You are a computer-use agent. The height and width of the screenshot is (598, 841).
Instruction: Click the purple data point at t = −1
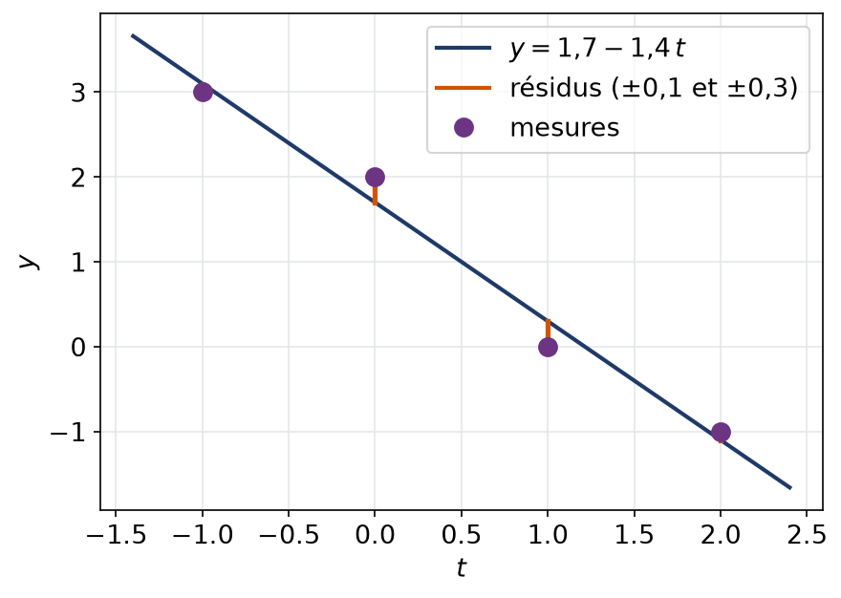(203, 92)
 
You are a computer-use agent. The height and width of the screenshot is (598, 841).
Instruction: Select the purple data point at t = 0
(375, 177)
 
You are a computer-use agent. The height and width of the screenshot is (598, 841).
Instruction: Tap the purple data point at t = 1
(548, 347)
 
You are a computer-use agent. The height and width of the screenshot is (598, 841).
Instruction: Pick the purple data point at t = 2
(721, 432)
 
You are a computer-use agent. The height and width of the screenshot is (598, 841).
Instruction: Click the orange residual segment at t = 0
(375, 195)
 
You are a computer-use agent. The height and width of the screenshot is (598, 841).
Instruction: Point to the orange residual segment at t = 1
(548, 329)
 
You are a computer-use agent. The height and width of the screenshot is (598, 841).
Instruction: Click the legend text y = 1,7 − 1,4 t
(597, 49)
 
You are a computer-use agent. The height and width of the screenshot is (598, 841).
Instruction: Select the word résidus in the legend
(555, 88)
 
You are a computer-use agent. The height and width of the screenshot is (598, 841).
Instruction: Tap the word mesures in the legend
(565, 128)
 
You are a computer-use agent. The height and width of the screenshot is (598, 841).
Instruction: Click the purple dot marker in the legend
(464, 128)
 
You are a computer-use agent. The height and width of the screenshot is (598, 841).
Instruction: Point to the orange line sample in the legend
(464, 88)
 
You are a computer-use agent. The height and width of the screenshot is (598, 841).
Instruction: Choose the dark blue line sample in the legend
(464, 48)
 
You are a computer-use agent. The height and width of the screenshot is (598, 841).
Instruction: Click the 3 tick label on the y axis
(78, 93)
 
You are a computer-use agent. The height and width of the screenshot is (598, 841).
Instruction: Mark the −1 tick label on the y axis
(68, 433)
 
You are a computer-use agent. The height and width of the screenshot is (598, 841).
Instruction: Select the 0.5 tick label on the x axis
(462, 535)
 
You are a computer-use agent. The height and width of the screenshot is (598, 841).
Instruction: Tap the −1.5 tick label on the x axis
(116, 535)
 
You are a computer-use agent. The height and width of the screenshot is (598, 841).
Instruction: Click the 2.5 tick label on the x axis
(807, 535)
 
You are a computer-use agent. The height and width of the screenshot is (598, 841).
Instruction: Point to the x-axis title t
(462, 567)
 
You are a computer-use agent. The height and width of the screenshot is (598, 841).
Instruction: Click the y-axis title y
(28, 261)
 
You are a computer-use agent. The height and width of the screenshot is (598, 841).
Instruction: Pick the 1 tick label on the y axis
(78, 263)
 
